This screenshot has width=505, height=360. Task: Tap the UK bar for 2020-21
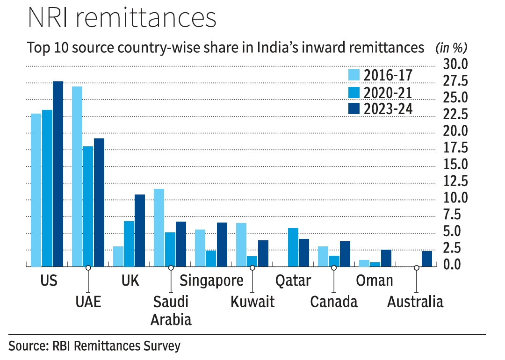pyautogui.click(x=129, y=244)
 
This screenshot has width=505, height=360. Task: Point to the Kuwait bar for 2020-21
pyautogui.click(x=252, y=261)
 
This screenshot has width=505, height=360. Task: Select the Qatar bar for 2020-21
pyautogui.click(x=293, y=247)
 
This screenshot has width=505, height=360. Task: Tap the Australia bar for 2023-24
pyautogui.click(x=426, y=259)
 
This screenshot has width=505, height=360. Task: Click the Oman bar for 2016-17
pyautogui.click(x=364, y=263)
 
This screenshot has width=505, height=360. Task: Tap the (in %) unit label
pyautogui.click(x=451, y=48)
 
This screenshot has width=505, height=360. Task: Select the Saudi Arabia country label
pyautogui.click(x=172, y=310)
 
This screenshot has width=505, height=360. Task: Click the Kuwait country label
pyautogui.click(x=252, y=302)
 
